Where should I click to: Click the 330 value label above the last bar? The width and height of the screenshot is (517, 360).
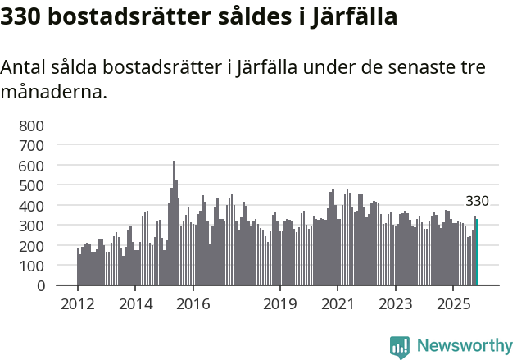pyautogui.click(x=477, y=201)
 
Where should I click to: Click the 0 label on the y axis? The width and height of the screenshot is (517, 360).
pyautogui.click(x=40, y=286)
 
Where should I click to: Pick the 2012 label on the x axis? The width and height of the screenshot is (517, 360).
pyautogui.click(x=78, y=305)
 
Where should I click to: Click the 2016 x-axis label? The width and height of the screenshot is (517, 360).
pyautogui.click(x=193, y=305)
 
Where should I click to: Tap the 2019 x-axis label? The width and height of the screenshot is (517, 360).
pyautogui.click(x=280, y=305)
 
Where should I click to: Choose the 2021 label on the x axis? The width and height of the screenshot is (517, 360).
pyautogui.click(x=338, y=305)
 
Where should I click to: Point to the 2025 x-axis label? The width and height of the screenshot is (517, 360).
pyautogui.click(x=453, y=305)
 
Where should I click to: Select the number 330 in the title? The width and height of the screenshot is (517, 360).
pyautogui.click(x=20, y=16)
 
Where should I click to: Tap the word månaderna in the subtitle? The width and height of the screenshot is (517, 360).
pyautogui.click(x=54, y=92)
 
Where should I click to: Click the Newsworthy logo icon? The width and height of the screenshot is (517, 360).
pyautogui.click(x=400, y=347)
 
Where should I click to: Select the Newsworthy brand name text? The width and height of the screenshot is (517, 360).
pyautogui.click(x=464, y=347)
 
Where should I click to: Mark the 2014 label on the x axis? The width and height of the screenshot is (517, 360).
pyautogui.click(x=135, y=305)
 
